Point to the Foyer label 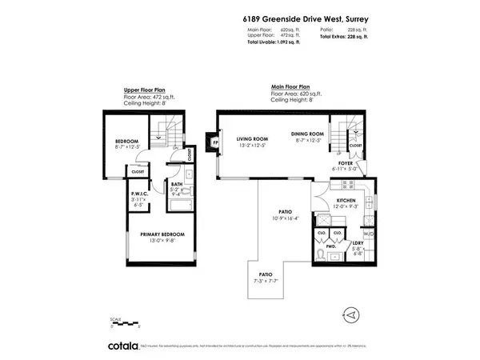pos(345,163)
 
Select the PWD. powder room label pos(329,247)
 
